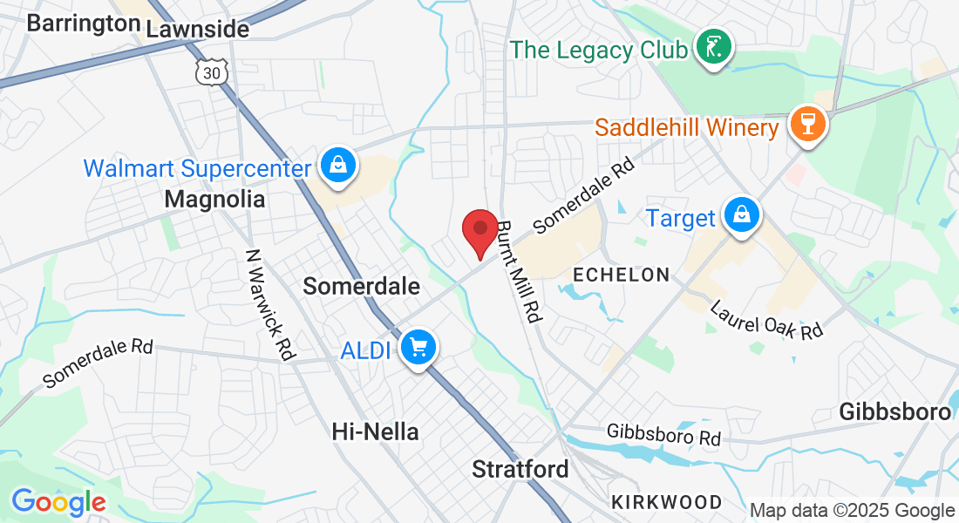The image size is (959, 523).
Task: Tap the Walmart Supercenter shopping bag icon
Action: point(336,165)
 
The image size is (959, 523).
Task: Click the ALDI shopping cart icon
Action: point(418,348)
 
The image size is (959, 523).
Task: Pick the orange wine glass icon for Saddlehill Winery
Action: point(806,125)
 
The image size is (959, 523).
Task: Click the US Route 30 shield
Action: point(212,72)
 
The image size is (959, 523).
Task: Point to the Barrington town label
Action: point(84,24)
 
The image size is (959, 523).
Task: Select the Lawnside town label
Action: point(198,29)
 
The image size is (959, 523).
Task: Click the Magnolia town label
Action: point(214,200)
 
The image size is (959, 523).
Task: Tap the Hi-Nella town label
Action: point(376,431)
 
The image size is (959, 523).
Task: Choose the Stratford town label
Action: point(520,469)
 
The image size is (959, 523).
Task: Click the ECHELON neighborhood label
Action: point(621,275)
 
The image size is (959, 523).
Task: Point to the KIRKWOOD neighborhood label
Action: point(667,502)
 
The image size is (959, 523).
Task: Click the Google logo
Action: point(58,502)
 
